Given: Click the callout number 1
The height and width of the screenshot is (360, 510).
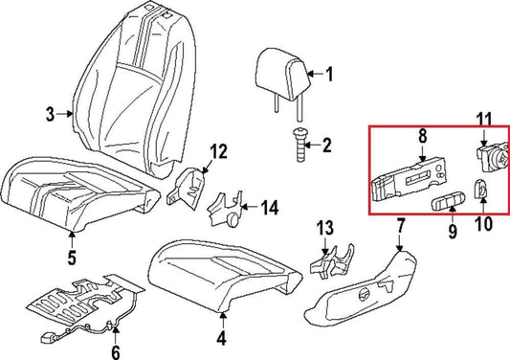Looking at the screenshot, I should [329, 74].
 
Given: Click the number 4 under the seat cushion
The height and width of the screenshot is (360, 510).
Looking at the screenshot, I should [221, 338].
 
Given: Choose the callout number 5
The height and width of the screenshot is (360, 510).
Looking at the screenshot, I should [71, 257].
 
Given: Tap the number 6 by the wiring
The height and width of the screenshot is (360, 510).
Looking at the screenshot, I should [116, 352].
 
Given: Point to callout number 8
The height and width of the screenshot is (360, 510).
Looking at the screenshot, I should [421, 138].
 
